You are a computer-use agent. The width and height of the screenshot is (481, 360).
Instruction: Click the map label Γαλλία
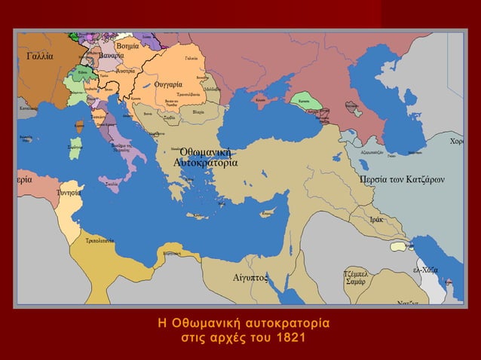[x=39, y=56]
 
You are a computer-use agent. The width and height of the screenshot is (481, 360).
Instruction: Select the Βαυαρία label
[x=111, y=56]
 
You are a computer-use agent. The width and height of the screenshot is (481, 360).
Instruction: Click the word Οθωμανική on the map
[x=205, y=152]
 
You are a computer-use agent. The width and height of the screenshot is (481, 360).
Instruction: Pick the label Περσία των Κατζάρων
[x=402, y=180]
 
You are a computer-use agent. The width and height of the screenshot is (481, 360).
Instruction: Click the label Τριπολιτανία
[x=100, y=241]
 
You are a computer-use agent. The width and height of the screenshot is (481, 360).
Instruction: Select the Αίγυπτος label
[x=250, y=277]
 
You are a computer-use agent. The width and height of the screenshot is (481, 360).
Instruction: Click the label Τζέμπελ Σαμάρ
[x=355, y=277]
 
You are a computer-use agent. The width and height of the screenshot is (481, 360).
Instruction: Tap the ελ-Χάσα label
[x=426, y=269]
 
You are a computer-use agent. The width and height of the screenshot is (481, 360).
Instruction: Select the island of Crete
[x=200, y=215]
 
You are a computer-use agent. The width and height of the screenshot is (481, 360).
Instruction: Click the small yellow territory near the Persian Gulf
[x=397, y=245]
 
